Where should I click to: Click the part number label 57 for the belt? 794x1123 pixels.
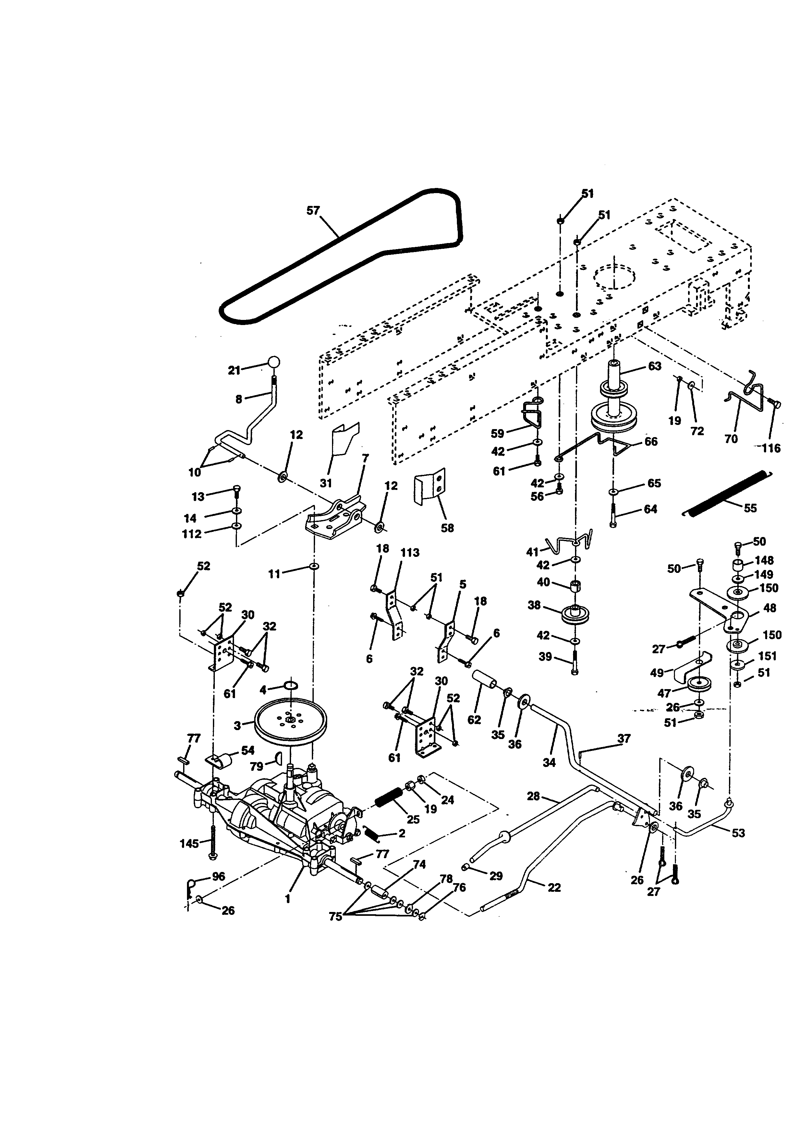[313, 211]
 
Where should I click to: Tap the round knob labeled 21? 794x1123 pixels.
[274, 362]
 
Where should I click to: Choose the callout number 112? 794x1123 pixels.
[192, 534]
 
